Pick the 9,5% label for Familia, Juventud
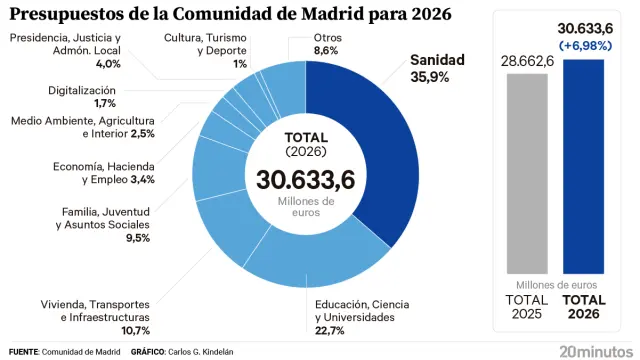tap(136, 238)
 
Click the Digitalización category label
tap(82, 90)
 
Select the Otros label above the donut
tap(300, 37)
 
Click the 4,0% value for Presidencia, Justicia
tap(107, 63)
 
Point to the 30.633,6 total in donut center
tap(305, 180)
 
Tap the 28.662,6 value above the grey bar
tap(526, 61)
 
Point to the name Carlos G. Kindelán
tap(206, 352)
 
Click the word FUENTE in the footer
tap(25, 352)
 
